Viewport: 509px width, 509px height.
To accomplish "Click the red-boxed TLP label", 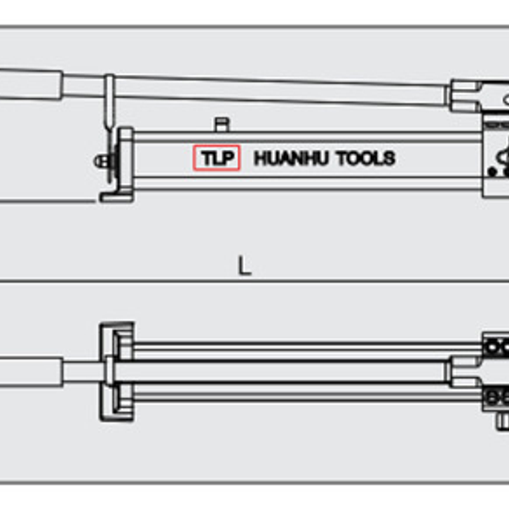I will [x=216, y=158].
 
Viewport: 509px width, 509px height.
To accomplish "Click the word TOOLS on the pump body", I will [x=365, y=159].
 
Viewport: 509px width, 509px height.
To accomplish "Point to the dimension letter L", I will [x=244, y=267].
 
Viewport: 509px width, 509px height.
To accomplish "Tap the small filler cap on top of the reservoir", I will [x=222, y=124].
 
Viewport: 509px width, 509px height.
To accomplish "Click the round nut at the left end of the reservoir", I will [x=101, y=161].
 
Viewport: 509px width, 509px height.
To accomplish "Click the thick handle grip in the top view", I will [x=30, y=370].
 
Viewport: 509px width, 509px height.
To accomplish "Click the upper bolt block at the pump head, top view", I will [x=496, y=346].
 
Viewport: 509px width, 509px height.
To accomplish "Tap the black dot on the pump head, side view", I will [x=492, y=171].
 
